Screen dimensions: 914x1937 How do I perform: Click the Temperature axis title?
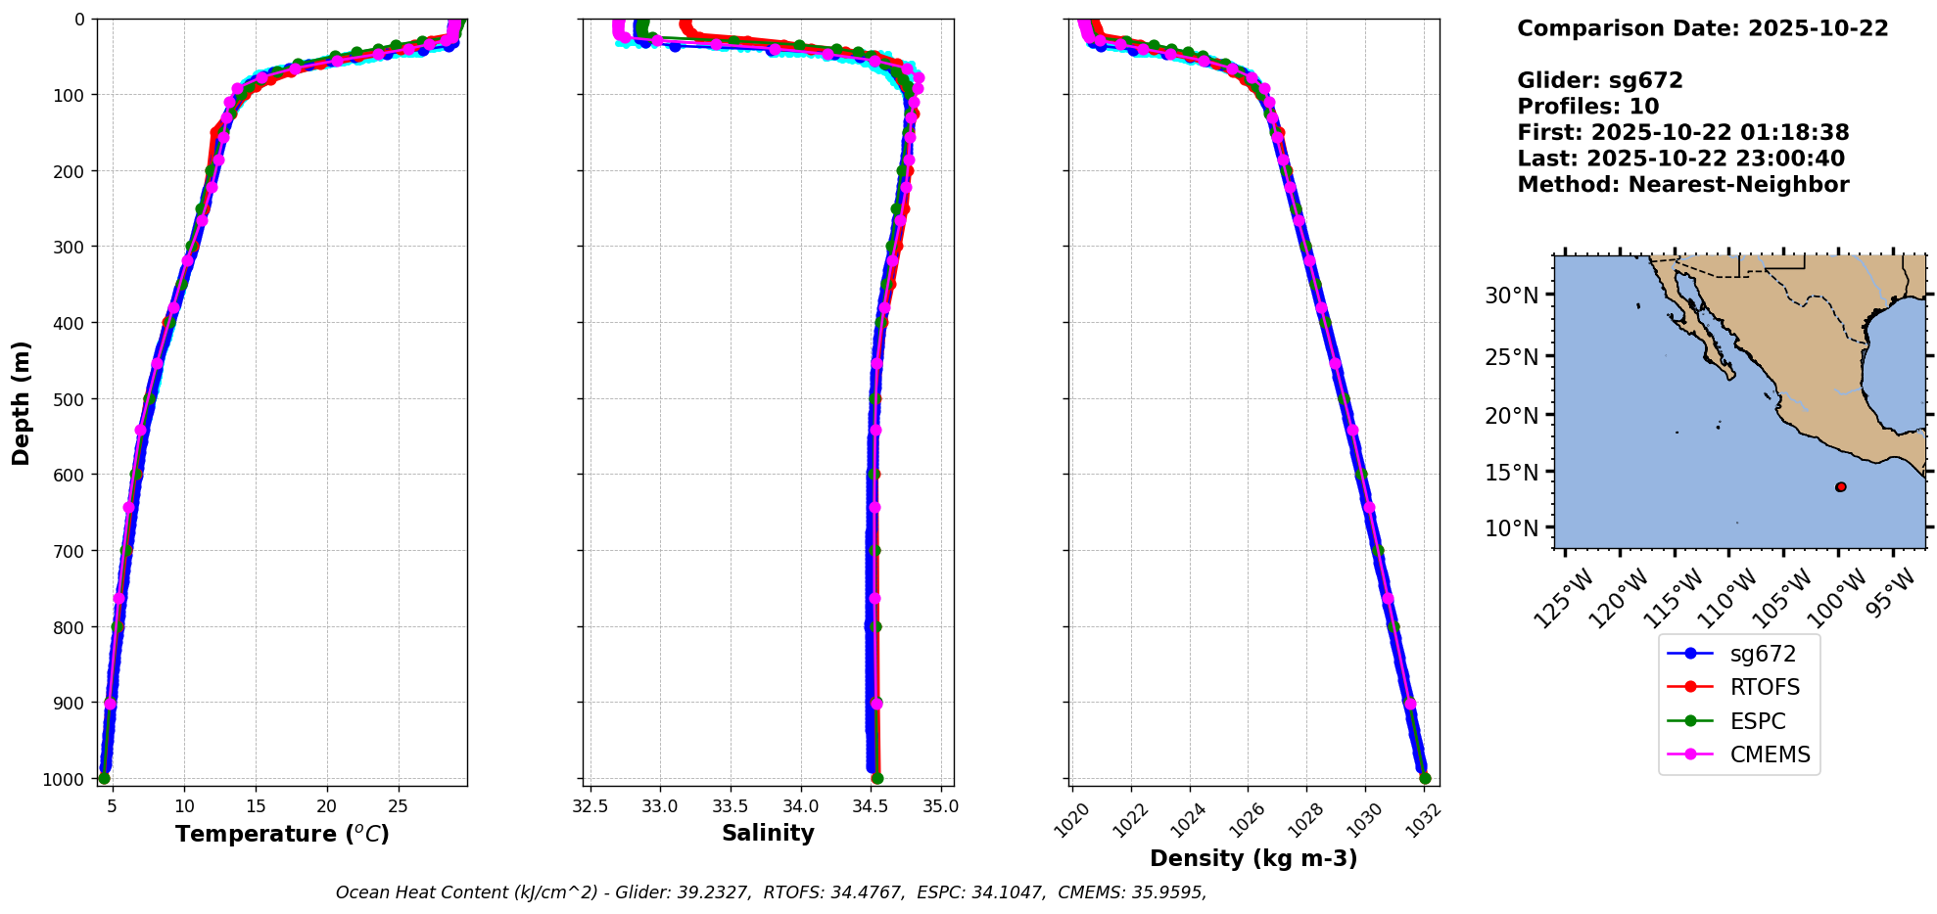[x=282, y=834]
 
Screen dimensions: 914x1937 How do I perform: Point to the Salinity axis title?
[x=768, y=833]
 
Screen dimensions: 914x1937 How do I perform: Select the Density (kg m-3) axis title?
[x=1253, y=858]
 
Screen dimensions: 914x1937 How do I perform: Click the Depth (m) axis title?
[x=22, y=402]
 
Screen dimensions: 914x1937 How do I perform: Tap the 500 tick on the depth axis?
[x=68, y=398]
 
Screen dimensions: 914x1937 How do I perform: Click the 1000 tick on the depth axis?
[x=64, y=779]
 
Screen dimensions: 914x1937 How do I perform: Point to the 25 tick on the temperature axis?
[x=398, y=806]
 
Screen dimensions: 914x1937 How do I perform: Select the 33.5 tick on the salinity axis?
[x=730, y=806]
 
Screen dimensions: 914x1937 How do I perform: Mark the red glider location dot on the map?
[x=1840, y=486]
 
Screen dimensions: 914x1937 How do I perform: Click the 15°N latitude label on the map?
[x=1512, y=473]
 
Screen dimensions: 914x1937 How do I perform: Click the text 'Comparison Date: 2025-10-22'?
[x=1702, y=28]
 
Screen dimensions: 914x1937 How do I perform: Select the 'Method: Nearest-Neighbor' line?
[x=1682, y=185]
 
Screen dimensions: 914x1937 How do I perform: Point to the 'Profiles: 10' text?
[x=1587, y=107]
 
